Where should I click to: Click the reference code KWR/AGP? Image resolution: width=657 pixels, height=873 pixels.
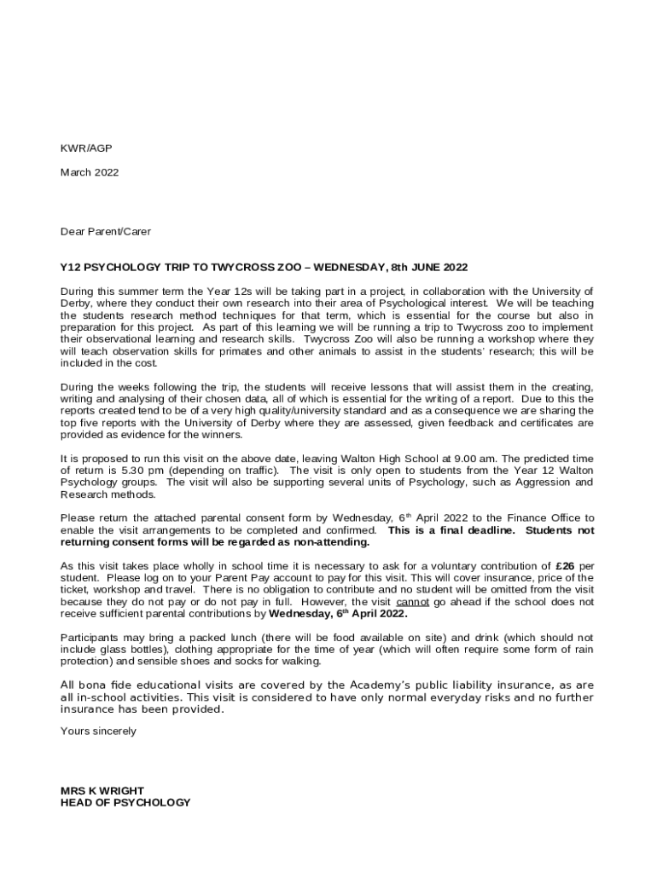pos(85,148)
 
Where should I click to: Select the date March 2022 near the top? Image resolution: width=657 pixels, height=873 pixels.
pos(90,172)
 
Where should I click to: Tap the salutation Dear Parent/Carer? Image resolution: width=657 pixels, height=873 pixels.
pos(105,231)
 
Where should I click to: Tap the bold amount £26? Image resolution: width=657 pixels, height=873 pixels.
pos(565,565)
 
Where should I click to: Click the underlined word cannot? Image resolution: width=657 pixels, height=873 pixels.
pos(413,601)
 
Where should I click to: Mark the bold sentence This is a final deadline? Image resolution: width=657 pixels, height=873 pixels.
pos(451,529)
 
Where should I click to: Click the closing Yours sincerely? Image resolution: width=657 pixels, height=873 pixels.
pos(98,731)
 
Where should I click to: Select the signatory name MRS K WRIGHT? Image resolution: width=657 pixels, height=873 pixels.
pos(102,790)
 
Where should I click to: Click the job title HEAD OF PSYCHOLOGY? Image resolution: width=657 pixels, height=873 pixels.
pos(125,802)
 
